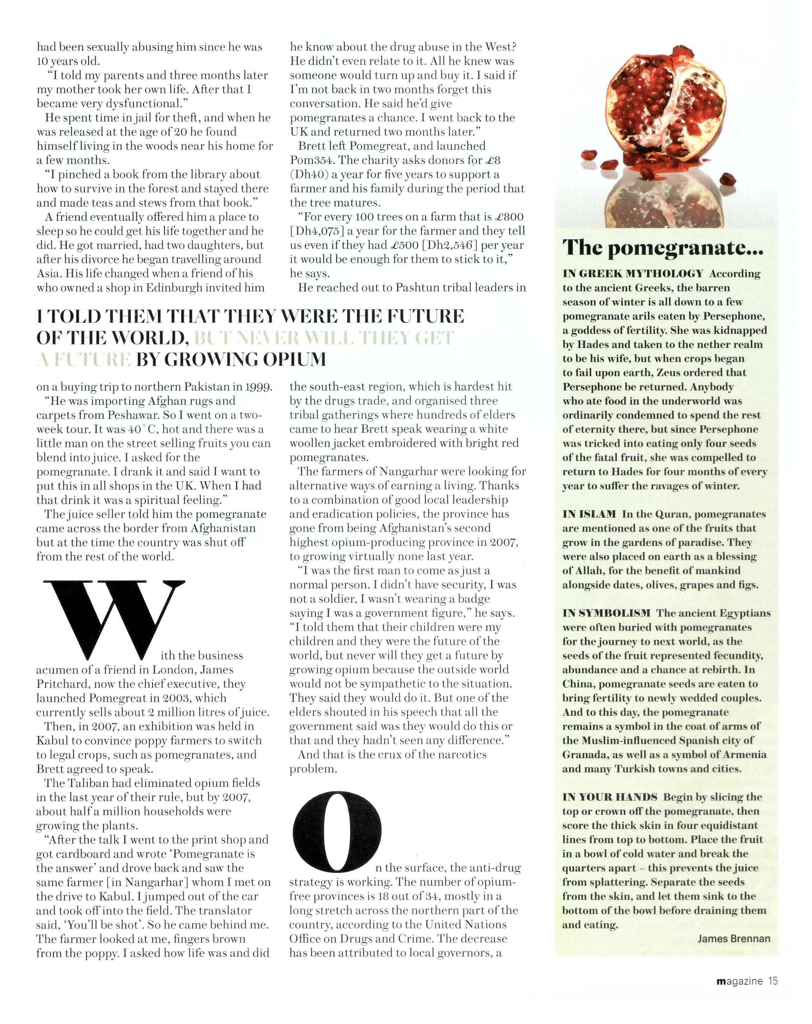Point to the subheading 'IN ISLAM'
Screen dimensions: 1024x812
tap(589, 514)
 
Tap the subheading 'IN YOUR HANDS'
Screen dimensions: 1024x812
tap(610, 797)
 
